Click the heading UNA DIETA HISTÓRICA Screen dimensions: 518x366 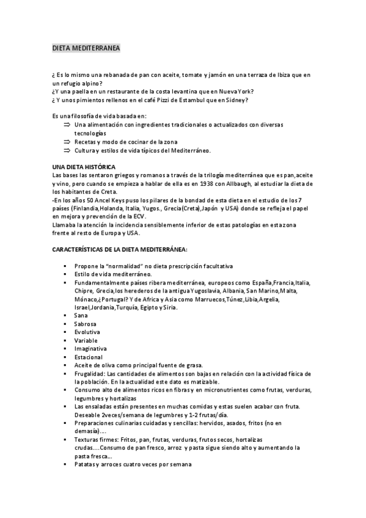(89, 167)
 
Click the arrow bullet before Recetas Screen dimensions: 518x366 (67, 141)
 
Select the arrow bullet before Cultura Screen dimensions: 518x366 (67, 150)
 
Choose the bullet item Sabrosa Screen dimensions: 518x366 (86, 323)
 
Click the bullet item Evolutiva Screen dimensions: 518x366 (87, 332)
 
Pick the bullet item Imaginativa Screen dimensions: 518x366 (90, 348)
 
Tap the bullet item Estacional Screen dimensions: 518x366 (89, 357)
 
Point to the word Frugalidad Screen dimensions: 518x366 (90, 373)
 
